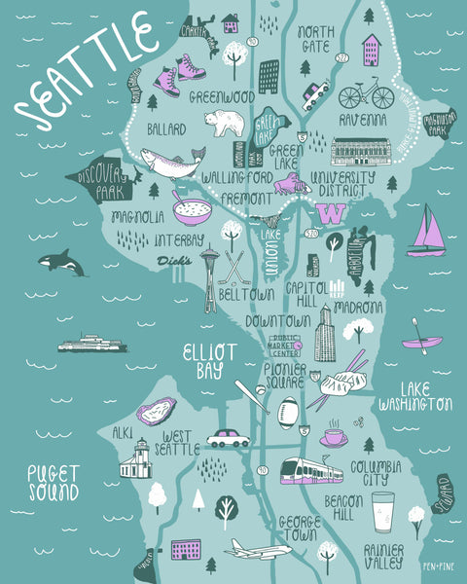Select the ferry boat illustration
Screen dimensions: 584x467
click(x=91, y=344)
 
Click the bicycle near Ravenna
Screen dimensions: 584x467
click(x=366, y=95)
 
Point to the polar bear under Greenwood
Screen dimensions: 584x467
click(x=223, y=123)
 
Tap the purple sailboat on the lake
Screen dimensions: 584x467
click(x=427, y=234)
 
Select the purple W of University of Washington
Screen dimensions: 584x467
click(x=329, y=213)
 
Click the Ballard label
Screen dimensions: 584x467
click(x=165, y=128)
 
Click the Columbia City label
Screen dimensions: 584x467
click(x=375, y=473)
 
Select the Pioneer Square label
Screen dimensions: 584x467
click(x=286, y=376)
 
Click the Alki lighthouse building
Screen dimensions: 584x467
click(x=135, y=459)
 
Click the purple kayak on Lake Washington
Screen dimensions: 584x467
click(x=422, y=342)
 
